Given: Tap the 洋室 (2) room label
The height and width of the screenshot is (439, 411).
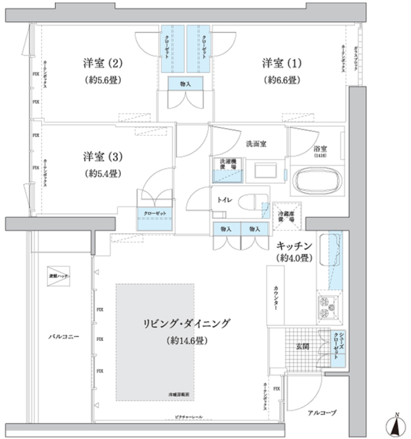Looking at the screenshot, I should [x=103, y=64].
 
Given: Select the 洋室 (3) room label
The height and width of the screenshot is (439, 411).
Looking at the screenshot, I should [x=103, y=157].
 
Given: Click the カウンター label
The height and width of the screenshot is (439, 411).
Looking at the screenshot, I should [x=276, y=296].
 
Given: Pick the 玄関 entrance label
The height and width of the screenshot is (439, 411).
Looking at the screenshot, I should [x=303, y=346].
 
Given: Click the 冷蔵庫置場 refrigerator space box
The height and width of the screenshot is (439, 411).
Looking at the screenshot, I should [x=287, y=216].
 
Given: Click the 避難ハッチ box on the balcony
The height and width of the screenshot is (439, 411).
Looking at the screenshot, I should [x=59, y=276].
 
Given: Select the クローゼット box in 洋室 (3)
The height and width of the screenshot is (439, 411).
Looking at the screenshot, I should [x=155, y=219].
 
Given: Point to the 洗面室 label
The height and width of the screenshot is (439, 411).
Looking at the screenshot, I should [x=256, y=144].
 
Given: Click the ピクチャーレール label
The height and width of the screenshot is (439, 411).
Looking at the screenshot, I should [x=189, y=417].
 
